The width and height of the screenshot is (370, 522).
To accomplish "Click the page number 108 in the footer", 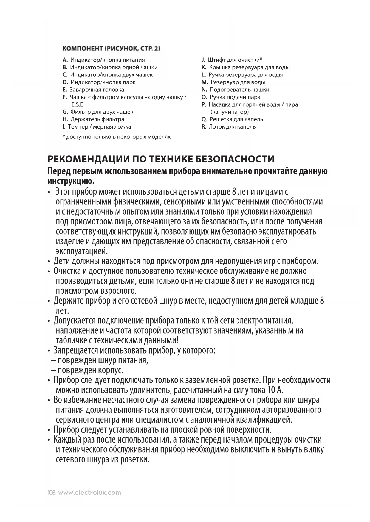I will (x=52, y=493).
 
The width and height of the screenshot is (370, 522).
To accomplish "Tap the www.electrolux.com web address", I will (x=90, y=493).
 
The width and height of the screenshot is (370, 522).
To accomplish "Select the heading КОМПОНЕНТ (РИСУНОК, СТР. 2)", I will (x=111, y=48).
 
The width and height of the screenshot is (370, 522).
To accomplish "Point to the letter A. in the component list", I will (x=65, y=60).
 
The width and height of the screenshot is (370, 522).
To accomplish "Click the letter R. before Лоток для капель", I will (x=204, y=127).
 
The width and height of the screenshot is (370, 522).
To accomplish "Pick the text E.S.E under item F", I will (x=77, y=104).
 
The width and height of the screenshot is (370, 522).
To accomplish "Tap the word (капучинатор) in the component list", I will (x=230, y=112).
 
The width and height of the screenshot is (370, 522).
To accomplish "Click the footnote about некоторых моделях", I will (x=116, y=137).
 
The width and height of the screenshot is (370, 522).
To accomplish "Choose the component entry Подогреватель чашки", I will (x=239, y=90).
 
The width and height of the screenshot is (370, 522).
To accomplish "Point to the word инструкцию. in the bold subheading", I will (x=71, y=181).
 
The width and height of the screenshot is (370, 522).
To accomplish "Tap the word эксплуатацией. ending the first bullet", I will (x=82, y=251).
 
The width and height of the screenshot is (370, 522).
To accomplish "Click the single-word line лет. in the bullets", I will (x=62, y=311).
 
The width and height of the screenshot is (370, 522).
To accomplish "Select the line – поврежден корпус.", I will (x=87, y=371).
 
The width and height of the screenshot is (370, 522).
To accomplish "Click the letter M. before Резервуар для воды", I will (x=205, y=82).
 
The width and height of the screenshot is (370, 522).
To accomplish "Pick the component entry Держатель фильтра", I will (x=97, y=119).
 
